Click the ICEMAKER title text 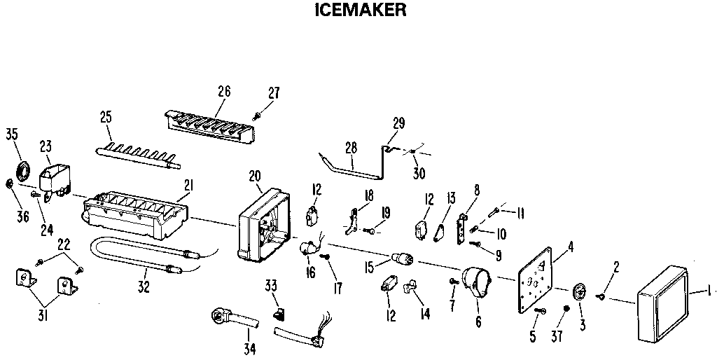(x=358, y=11)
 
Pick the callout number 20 (x=255, y=176)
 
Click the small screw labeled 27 (x=258, y=113)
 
